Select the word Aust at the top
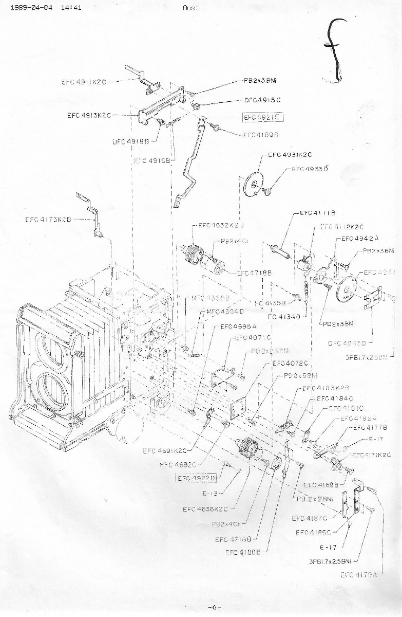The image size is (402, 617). [x=190, y=8]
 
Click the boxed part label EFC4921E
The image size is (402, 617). [x=263, y=117]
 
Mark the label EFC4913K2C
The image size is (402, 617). [x=89, y=115]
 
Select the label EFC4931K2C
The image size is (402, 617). [x=290, y=155]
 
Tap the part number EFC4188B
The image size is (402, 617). [x=243, y=552]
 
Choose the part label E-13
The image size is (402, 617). [x=211, y=493]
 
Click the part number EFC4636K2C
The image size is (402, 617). [x=205, y=510]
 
